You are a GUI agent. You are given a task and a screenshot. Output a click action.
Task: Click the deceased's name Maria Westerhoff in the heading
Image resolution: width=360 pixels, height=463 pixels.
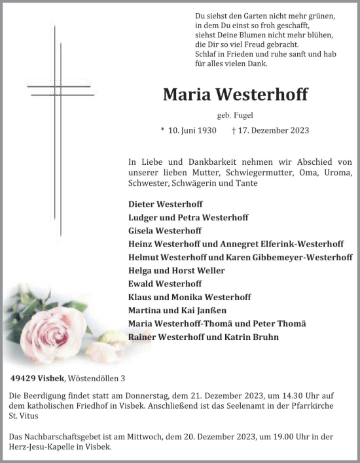pyautogui.click(x=235, y=95)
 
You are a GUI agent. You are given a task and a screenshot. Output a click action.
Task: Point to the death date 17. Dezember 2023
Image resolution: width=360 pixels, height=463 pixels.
pyautogui.click(x=265, y=130)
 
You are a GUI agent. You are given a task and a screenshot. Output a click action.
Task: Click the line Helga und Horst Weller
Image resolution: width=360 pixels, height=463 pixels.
pyautogui.click(x=177, y=271)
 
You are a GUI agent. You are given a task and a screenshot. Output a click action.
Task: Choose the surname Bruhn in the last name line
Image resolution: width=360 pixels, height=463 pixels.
pyautogui.click(x=266, y=337)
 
